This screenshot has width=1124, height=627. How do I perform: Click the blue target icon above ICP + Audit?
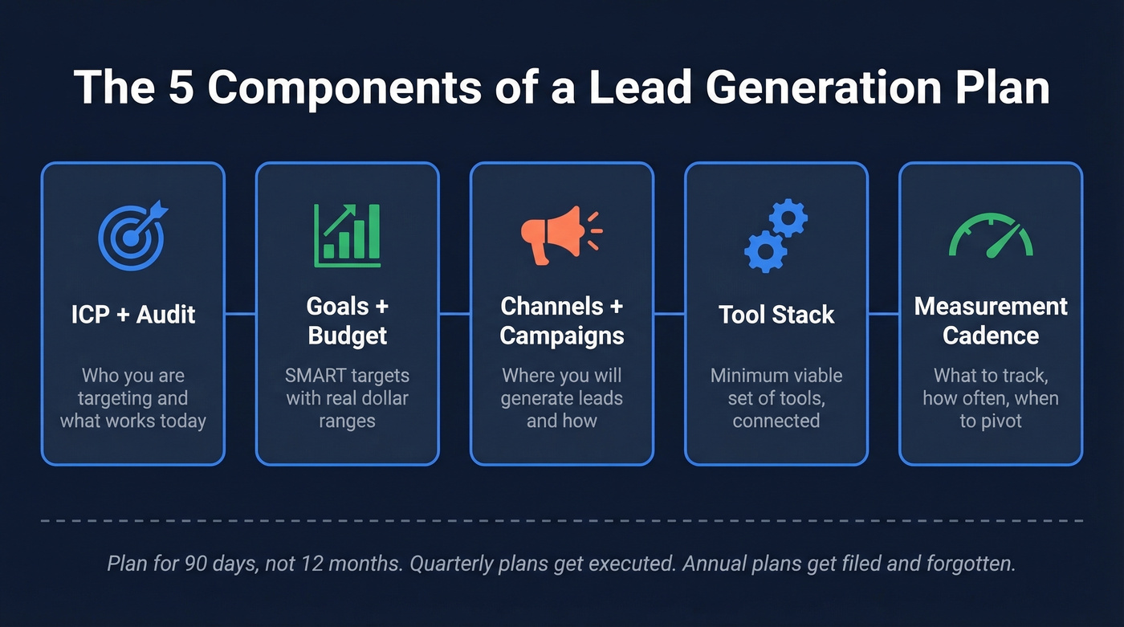pos(131,235)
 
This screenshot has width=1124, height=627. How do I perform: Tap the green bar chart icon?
pos(347,234)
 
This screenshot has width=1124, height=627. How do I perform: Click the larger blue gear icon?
pos(765,250)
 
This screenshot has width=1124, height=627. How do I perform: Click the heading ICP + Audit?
pos(133,314)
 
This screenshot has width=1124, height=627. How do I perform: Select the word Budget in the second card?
pos(347,335)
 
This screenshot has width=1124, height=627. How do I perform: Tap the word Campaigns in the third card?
pos(561,335)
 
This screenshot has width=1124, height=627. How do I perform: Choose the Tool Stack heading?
pos(776,314)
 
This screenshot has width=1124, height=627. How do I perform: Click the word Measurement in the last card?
pos(991,306)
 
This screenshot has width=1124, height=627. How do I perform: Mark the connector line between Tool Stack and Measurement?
pos(883,314)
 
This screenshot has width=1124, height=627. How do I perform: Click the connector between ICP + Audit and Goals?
pos(240,314)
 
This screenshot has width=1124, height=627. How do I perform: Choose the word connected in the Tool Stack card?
pos(776,421)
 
